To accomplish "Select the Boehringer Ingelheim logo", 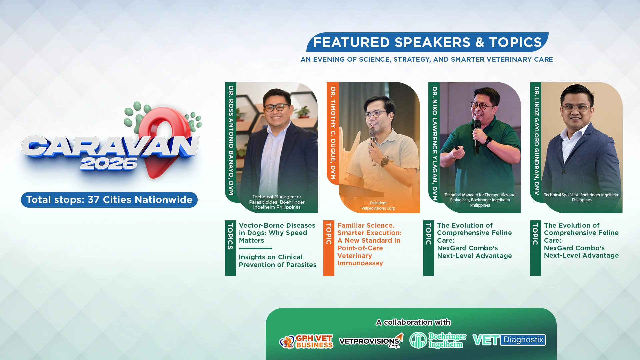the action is [x=438, y=340].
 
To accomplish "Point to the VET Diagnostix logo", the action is [x=509, y=340].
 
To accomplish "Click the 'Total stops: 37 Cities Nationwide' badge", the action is [x=109, y=200].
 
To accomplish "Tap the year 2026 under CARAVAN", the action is [x=109, y=164].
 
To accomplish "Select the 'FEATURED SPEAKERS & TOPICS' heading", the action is [x=427, y=42].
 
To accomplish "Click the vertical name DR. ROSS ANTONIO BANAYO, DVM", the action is [x=231, y=140].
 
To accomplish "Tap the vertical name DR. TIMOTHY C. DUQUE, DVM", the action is [x=333, y=133].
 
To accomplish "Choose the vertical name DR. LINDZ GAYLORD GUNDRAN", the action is [x=536, y=141].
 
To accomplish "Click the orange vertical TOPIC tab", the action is [x=329, y=248].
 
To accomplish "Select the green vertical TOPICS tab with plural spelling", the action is [x=230, y=248].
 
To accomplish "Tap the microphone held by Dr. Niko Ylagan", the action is [x=477, y=136].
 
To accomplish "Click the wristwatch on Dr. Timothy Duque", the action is [x=385, y=162].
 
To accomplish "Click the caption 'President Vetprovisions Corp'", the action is [x=378, y=206].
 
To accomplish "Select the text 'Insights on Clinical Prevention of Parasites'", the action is [x=278, y=261].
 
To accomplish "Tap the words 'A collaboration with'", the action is [x=413, y=322].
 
